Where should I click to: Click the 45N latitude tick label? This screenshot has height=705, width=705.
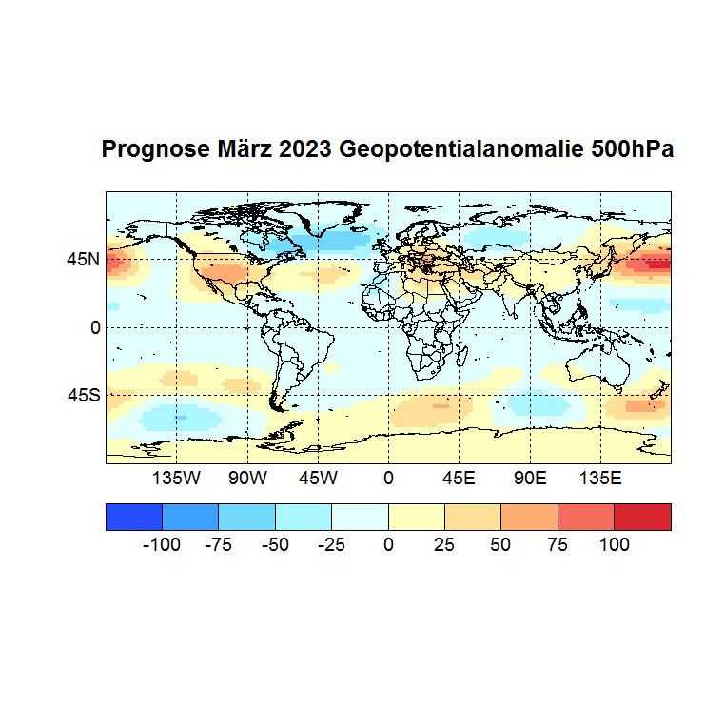[x=83, y=259]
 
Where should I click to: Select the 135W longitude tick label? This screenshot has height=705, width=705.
[x=176, y=478]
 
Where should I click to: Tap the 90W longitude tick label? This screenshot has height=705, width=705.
[x=247, y=478]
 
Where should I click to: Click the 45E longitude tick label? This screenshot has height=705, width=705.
[x=459, y=478]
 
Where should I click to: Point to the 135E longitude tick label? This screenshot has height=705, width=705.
[x=600, y=478]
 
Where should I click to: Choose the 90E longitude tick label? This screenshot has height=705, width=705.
[x=529, y=478]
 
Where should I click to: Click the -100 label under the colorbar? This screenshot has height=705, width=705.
[x=162, y=545]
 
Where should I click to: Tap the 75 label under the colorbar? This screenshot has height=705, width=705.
[x=558, y=545]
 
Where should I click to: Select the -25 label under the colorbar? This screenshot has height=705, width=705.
[x=331, y=545]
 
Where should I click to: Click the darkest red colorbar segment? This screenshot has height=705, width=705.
[x=642, y=516]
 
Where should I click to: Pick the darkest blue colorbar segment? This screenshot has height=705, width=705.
[x=134, y=516]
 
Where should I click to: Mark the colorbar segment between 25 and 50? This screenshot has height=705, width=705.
[x=473, y=516]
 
